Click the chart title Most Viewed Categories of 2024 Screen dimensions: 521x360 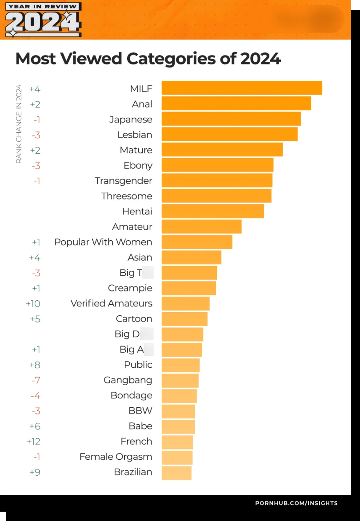pos(148,59)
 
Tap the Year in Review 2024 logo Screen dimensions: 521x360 pos(43,20)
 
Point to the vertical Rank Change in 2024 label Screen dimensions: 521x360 pos(19,124)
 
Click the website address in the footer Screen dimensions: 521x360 pos(296,503)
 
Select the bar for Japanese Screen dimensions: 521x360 pos(231,119)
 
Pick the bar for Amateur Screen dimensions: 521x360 pos(201,227)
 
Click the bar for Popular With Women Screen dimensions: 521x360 pos(197,242)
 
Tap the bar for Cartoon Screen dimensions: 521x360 pos(184,319)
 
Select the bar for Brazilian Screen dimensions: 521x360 pos(176,473)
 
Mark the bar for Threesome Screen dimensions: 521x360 pos(216,196)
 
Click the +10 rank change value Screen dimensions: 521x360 pos(33,303)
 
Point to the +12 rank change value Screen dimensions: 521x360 pos(33,441)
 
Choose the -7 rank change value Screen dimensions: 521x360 pos(36,380)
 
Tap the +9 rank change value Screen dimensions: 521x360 pos(35,472)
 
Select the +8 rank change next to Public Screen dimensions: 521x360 pos(35,365)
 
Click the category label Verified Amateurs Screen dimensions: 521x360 pos(111,303)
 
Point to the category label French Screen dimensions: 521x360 pos(136,441)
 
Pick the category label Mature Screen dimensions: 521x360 pos(136,150)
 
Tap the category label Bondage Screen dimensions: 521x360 pos(131,395)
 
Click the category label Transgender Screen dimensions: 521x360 pos(123,181)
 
